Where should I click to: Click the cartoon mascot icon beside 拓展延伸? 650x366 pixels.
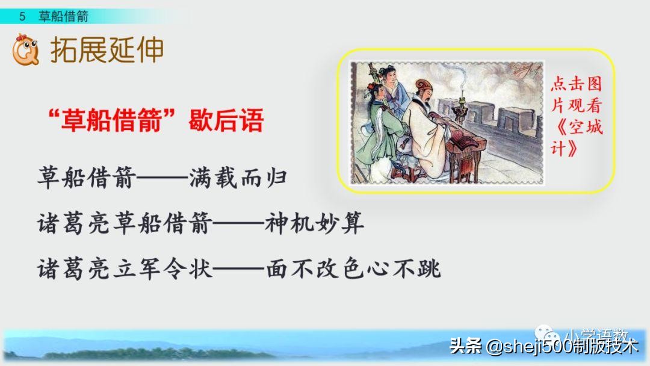(25, 51)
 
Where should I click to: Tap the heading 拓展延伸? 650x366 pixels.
(107, 51)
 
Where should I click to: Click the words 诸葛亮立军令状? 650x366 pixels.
(125, 268)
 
